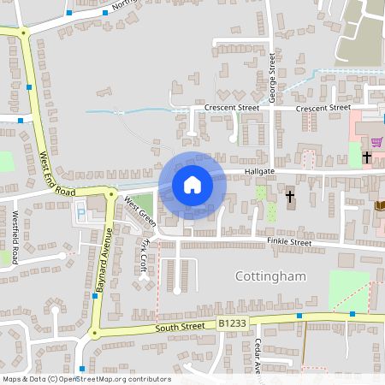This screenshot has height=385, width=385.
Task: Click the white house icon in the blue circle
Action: coord(192,184)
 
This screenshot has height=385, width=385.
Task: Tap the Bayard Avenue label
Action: coord(104,261)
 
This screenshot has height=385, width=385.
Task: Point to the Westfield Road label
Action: coord(15,239)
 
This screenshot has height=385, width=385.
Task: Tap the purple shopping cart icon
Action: coord(376,141)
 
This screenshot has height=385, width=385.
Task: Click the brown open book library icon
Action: coord(379,204)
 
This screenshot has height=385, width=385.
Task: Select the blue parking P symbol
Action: coord(81,213)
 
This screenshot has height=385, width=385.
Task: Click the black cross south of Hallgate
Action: coord(289,197)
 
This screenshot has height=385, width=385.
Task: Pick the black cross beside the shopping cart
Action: coord(366,157)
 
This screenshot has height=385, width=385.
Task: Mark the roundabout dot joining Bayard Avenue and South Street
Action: coord(95,333)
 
